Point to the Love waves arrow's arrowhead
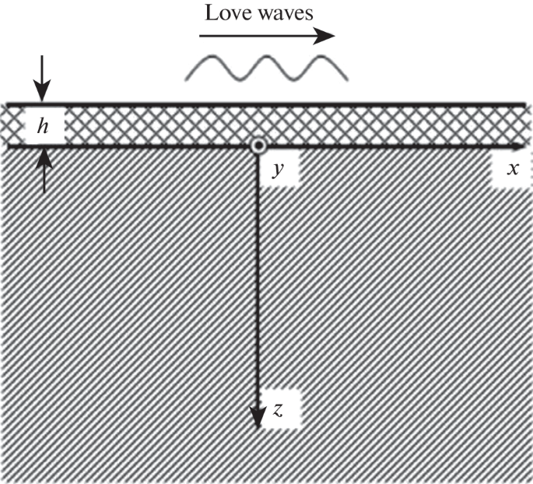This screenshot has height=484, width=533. point(329,35)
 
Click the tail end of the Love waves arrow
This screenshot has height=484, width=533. point(202,35)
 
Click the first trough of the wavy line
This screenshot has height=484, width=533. point(238,79)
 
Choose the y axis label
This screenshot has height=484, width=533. point(276,169)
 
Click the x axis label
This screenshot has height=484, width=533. point(512,169)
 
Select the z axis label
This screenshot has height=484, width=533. point(278,410)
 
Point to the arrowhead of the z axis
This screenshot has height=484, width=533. point(257,420)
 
